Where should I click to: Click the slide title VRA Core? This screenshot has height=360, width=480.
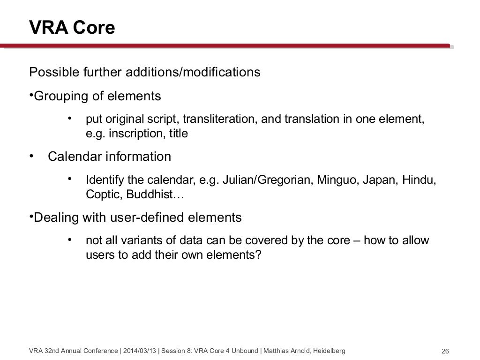coord(72,28)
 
